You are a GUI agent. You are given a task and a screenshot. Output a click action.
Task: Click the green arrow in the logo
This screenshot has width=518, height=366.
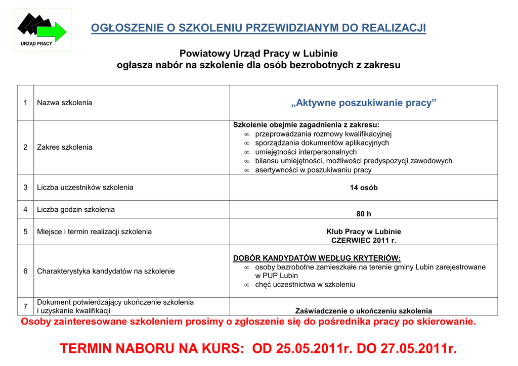tap(53, 32)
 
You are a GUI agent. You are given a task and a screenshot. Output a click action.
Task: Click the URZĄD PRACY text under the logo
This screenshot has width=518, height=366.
tap(36, 44)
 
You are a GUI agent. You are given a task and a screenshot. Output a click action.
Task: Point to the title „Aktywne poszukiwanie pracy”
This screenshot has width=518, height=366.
tap(364, 103)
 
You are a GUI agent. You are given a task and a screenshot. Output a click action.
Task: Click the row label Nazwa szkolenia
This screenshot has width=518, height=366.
tap(65, 103)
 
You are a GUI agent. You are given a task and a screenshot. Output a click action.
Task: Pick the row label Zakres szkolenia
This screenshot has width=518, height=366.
tap(65, 147)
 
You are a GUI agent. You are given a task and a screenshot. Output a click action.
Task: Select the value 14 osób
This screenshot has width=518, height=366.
tap(364, 188)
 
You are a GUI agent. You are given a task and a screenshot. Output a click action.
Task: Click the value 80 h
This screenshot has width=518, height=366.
tap(364, 214)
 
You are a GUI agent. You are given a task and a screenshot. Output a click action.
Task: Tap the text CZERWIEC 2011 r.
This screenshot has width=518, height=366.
tap(364, 241)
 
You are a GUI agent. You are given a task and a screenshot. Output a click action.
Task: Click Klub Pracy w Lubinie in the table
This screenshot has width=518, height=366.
tap(364, 232)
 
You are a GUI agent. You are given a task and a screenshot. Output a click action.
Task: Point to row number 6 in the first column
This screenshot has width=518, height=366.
tap(25, 271)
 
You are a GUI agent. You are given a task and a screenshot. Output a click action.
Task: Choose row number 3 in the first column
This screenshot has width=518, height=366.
tap(25, 188)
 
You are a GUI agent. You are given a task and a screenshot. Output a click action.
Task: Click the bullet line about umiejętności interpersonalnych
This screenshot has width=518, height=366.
tap(306, 152)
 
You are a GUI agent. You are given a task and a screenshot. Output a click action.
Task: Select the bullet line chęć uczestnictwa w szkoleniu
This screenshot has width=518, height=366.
tap(305, 285)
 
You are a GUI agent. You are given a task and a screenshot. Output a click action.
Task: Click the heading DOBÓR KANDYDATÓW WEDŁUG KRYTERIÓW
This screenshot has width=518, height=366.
tap(317, 258)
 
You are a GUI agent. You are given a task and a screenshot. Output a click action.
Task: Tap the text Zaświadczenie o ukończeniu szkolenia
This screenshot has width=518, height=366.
tap(364, 311)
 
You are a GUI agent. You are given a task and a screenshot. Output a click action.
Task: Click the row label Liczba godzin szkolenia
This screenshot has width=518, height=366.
tap(76, 209)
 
